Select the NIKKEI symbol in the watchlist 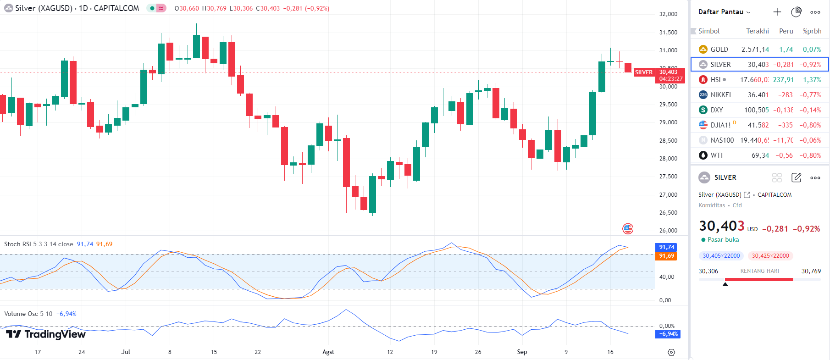point(720,95)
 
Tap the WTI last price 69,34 point(760,155)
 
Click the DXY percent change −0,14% point(810,110)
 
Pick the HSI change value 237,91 point(783,80)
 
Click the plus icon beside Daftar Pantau point(777,12)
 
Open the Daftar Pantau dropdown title point(724,12)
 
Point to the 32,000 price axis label point(668,14)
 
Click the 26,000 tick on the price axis point(668,231)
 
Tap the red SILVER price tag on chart point(643,72)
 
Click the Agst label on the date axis point(328,352)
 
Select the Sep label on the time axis point(522,352)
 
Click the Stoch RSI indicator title point(38,244)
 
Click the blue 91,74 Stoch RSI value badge point(666,247)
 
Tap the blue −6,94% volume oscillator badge point(668,334)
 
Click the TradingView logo point(46,334)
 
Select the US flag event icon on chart point(628,228)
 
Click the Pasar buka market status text point(723,240)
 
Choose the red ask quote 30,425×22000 point(770,256)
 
